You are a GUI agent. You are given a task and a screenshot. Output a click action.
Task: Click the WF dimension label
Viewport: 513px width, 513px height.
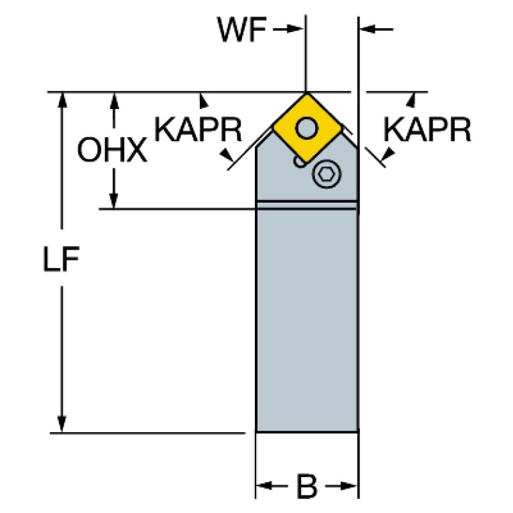coord(241,29)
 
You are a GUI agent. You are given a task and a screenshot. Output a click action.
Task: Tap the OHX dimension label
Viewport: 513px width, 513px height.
coord(112,150)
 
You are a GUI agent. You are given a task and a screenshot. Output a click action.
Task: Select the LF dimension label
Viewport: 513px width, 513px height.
coord(61,259)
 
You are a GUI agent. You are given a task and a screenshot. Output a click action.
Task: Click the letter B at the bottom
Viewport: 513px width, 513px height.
coord(306,486)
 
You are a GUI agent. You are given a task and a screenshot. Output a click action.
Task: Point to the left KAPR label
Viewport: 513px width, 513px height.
coord(198,130)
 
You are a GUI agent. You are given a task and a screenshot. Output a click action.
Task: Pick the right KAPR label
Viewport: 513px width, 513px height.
coord(427,130)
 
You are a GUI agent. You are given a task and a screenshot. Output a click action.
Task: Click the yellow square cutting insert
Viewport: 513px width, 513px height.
coord(307,128)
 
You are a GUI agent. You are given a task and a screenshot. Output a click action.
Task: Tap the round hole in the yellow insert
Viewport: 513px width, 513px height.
coord(306,128)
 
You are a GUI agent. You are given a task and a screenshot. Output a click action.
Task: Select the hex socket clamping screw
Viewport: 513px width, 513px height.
coord(326,174)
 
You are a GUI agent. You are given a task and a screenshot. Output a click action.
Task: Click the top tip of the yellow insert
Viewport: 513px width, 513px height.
coord(306,94)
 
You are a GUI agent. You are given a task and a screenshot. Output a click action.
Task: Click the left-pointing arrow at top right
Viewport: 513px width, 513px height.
coord(377,29)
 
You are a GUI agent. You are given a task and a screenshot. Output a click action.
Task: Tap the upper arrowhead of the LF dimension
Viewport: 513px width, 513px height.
coord(62,100)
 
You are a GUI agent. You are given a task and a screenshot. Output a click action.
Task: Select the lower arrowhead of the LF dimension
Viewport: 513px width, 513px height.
coord(62,424)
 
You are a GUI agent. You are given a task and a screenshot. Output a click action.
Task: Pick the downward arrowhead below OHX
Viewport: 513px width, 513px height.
coord(114,201)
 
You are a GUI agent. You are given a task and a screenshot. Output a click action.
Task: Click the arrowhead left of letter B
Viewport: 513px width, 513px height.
coord(264,486)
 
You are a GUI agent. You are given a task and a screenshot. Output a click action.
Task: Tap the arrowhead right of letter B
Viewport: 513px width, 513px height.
coord(348,486)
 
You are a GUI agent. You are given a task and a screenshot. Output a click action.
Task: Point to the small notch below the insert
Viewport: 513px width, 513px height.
coord(298,163)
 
